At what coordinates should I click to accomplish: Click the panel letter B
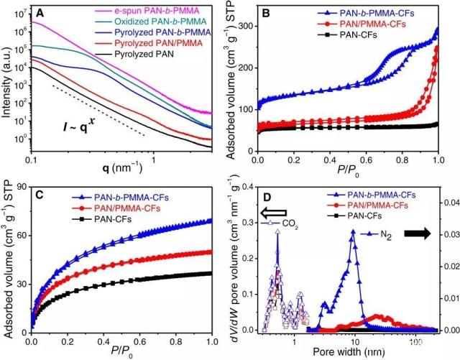coord(265,12)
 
